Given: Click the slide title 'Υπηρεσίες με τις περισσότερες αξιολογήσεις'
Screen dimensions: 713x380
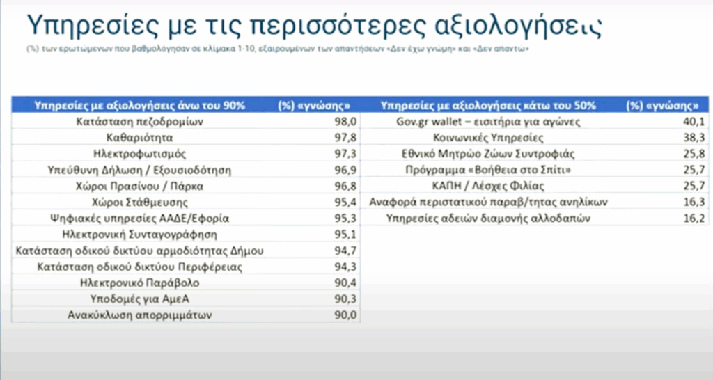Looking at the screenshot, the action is point(314,25).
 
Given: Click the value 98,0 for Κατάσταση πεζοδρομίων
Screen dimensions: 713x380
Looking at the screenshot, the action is point(345,121).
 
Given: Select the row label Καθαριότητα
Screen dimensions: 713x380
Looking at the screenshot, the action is point(139,138).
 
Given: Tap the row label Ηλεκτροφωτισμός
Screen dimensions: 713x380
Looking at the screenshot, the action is point(139,154).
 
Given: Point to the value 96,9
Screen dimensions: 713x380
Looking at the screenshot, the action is point(345,170).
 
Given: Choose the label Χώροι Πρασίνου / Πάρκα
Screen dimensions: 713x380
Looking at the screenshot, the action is point(139,186).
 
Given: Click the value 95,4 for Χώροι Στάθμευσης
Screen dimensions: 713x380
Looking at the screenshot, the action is point(345,203).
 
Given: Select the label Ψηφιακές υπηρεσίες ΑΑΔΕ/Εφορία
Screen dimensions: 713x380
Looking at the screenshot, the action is point(139,218).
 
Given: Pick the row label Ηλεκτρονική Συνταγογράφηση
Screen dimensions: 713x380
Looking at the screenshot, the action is point(139,235).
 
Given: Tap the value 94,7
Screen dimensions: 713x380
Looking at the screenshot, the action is point(345,251).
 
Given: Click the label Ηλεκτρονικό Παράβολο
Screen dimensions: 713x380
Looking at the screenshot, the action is point(139,283).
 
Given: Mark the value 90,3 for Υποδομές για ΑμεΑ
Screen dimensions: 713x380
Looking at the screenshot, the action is point(345,299).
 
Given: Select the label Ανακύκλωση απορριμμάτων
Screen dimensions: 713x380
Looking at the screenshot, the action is point(139,315).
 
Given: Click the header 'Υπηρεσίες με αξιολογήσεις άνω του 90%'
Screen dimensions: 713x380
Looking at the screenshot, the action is point(139,106).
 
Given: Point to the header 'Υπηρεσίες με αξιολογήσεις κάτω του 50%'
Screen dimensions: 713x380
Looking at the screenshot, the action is point(488,106).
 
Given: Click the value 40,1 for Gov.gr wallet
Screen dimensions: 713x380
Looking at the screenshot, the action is point(694,121).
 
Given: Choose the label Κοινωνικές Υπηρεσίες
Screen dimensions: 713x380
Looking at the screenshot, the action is point(488,138).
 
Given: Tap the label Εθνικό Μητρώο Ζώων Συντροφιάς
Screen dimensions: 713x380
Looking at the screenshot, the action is point(488,154).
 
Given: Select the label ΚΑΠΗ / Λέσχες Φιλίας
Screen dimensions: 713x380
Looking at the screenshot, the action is point(488,186).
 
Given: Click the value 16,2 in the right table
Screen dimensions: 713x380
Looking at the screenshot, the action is point(694,218).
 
